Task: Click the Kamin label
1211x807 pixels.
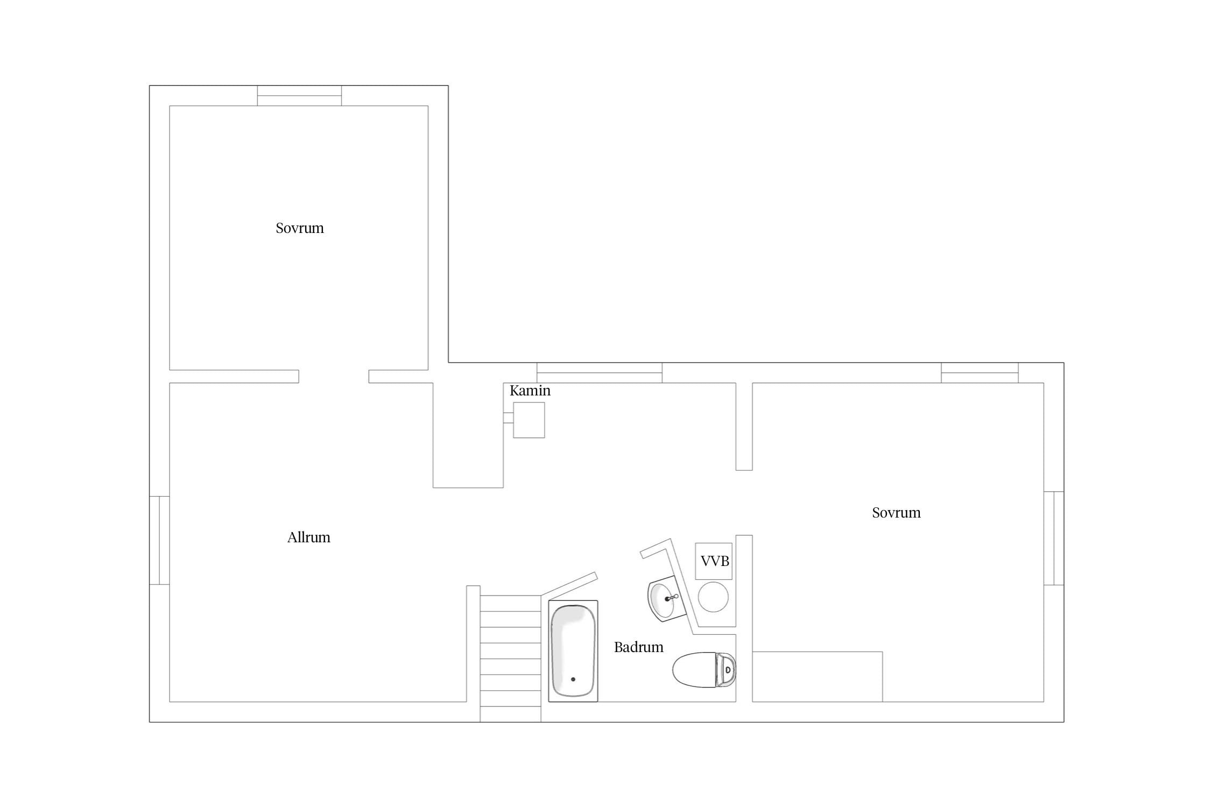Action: tap(530, 391)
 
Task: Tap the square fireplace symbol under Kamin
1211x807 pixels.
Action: tap(529, 420)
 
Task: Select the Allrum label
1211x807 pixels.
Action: tap(308, 537)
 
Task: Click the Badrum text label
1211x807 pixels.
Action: tap(638, 647)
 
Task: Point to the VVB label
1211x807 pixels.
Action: tap(715, 561)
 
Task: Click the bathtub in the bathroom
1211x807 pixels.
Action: tap(573, 651)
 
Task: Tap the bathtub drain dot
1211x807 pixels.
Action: tap(573, 679)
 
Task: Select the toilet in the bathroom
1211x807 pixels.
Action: tap(704, 670)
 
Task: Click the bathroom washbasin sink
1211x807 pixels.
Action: tap(666, 598)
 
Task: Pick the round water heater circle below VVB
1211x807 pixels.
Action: tap(713, 597)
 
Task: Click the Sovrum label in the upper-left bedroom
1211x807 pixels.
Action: tap(300, 228)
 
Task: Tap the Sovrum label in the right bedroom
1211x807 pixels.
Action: tap(896, 513)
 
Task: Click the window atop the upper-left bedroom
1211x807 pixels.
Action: tap(299, 96)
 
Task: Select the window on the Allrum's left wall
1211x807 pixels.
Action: tap(159, 540)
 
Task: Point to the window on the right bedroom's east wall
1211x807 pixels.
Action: tap(1054, 538)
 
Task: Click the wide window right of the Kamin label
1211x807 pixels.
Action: tap(600, 373)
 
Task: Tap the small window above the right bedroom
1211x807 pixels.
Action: tap(980, 373)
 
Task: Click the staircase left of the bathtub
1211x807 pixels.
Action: tap(510, 659)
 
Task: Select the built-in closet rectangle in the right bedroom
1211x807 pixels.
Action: tap(818, 677)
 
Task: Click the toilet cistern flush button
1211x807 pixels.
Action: tap(728, 670)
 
